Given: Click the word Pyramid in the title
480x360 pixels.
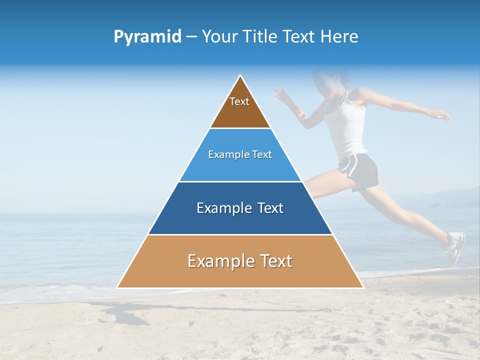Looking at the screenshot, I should pos(147,37).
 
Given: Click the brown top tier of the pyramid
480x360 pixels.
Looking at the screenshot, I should pos(240,112).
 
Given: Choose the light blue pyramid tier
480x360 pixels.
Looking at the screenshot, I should pos(240,167).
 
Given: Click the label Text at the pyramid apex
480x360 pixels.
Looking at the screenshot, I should pos(239,101).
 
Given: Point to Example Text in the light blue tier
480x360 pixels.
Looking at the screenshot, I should pos(240,154).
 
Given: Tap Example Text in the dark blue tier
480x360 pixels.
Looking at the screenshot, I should pos(240,208).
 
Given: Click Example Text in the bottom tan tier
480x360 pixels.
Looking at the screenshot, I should pos(240,261).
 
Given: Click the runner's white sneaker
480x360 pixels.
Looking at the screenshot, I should pos(454,247).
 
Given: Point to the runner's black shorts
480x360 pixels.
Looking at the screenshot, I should pos(360,170).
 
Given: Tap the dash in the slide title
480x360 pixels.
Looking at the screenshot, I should pos(191,37).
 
